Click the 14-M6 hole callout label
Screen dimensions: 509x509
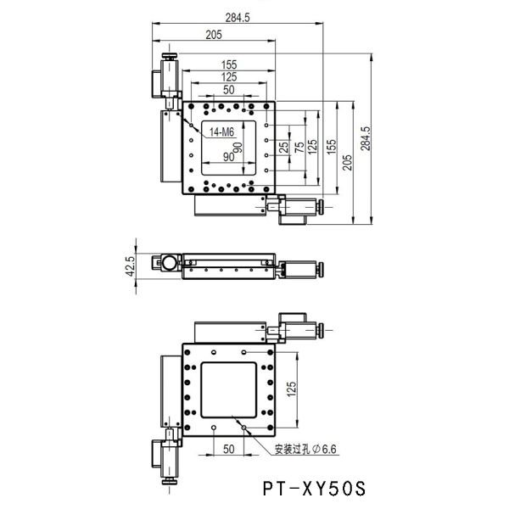click(221, 132)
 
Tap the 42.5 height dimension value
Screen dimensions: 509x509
click(130, 266)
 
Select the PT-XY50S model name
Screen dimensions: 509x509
click(314, 489)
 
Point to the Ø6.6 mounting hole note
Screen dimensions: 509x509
click(305, 450)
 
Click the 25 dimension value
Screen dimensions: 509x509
click(284, 148)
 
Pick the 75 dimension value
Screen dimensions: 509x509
click(299, 148)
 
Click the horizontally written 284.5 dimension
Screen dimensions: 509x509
click(238, 18)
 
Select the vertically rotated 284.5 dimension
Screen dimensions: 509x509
click(366, 138)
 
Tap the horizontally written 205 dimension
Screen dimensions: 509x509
click(214, 35)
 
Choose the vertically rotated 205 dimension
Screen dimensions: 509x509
click(347, 163)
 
